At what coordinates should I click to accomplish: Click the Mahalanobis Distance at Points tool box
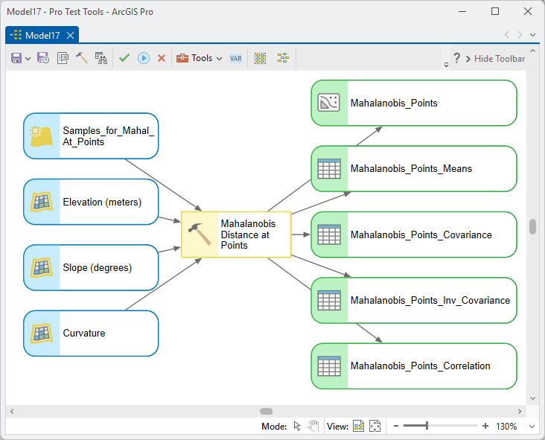[236, 235]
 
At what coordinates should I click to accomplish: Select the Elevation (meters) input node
[91, 202]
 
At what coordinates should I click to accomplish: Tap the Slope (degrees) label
[98, 267]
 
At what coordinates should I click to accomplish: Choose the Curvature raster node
[91, 334]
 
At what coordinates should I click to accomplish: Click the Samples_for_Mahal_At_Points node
[91, 136]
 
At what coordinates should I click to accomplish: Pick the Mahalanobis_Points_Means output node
[414, 168]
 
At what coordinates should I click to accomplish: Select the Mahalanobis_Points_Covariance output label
[421, 235]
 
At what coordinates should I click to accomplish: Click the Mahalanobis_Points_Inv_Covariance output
[414, 300]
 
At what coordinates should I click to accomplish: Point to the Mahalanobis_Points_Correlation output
[414, 366]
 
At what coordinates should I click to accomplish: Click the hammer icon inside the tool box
[200, 234]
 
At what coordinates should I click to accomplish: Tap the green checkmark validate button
[124, 57]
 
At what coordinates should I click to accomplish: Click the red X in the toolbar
[162, 58]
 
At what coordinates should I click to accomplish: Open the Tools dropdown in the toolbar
[199, 58]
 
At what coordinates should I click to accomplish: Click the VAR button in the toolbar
[236, 58]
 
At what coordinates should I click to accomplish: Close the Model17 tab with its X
[70, 36]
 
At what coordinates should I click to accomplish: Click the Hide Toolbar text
[500, 59]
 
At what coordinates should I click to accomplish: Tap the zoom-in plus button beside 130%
[485, 426]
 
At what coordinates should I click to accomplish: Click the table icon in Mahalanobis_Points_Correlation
[329, 366]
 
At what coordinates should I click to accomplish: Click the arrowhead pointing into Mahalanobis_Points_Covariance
[306, 235]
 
